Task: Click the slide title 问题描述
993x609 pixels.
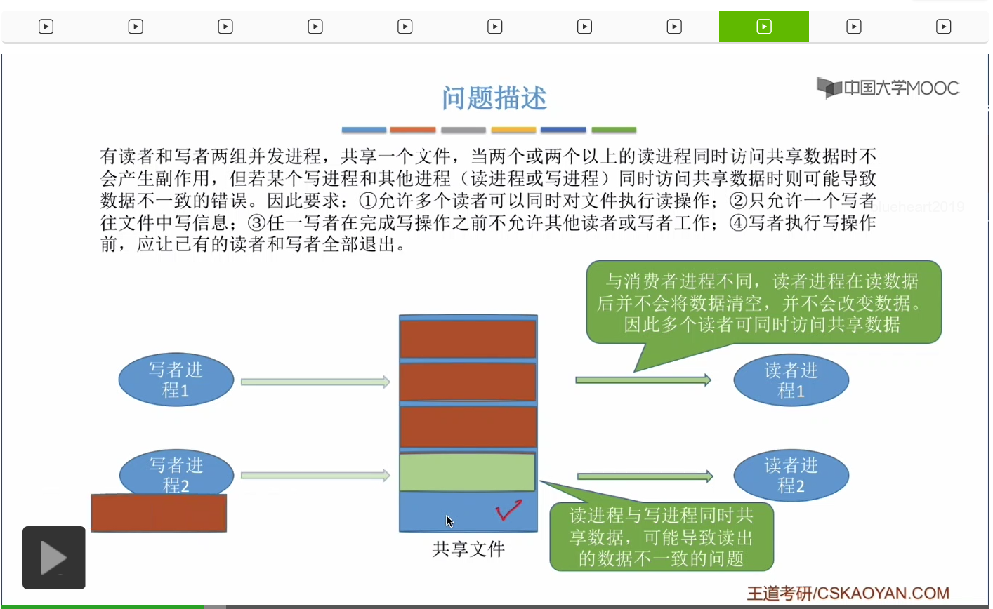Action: coord(494,98)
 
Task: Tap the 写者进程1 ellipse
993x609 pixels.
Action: coord(176,380)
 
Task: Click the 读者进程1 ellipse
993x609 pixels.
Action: coord(791,380)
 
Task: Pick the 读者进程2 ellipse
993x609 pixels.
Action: coord(791,474)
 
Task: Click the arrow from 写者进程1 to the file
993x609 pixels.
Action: coord(315,382)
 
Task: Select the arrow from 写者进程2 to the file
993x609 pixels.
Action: coord(315,476)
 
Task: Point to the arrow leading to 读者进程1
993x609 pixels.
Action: coord(643,380)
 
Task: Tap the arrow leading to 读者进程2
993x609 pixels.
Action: coord(645,476)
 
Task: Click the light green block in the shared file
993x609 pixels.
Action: coord(467,472)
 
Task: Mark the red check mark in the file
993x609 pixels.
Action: coord(508,511)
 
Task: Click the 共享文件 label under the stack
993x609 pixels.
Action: coord(468,549)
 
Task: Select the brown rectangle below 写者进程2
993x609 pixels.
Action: coord(159,513)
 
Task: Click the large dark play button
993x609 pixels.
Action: coord(54,558)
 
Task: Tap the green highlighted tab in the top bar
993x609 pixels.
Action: coord(763,27)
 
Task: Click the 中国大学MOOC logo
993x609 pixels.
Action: coord(888,88)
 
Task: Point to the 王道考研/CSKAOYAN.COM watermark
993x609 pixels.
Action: coord(848,594)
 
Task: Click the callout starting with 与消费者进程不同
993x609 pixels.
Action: coord(763,302)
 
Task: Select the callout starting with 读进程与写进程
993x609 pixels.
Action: coord(661,537)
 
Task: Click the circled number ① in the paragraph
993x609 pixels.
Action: coord(369,201)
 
